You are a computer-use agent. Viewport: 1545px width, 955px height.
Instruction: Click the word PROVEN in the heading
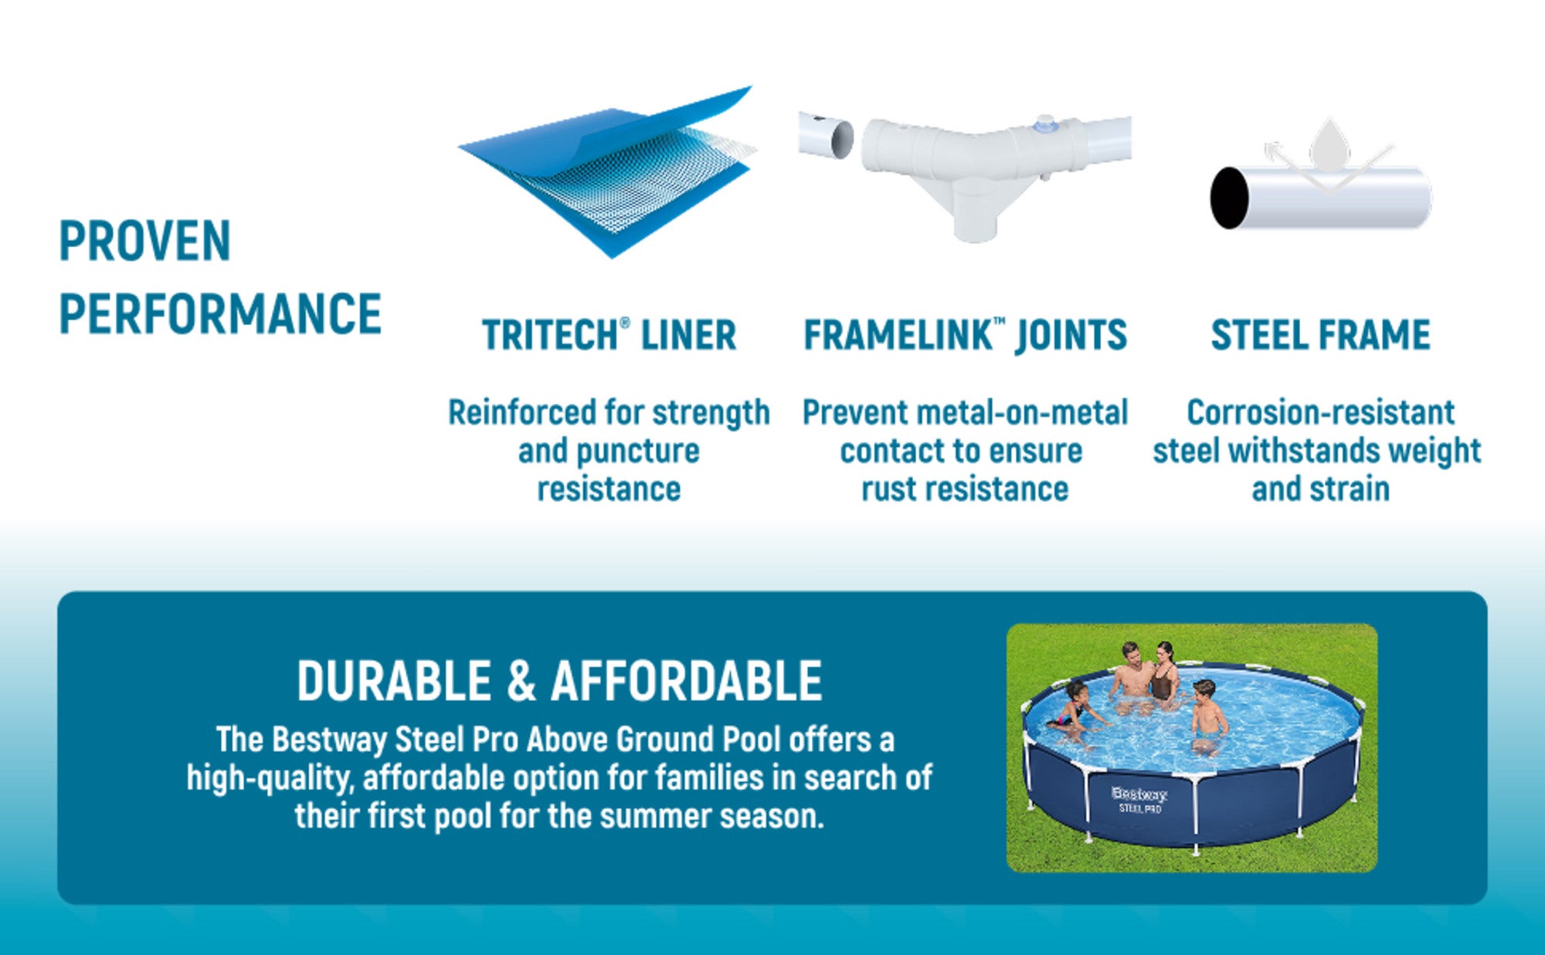[145, 241]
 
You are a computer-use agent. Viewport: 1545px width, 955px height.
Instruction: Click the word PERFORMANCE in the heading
[220, 314]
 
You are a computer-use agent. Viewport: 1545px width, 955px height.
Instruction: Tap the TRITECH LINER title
[609, 335]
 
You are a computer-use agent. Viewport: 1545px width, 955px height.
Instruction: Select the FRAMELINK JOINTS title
[965, 335]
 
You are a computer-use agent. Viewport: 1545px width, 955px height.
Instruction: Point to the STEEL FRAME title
[1320, 335]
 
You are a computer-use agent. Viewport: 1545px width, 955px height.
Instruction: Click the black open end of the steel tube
[1229, 198]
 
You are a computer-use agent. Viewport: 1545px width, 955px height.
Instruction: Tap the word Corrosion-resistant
[1320, 413]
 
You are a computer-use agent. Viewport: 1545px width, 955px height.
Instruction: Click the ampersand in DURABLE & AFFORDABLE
[521, 681]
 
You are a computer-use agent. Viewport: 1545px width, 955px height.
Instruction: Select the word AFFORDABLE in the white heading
[687, 681]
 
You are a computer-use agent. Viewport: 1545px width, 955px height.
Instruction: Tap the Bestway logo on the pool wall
[1139, 794]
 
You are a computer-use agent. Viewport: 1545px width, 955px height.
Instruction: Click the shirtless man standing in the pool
[1130, 676]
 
